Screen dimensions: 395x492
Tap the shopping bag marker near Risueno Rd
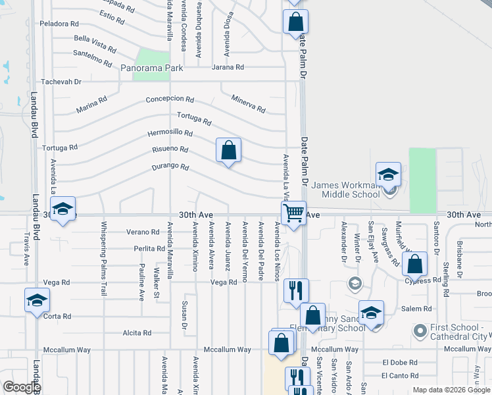(x=228, y=151)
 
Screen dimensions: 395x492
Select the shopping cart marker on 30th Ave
(x=293, y=213)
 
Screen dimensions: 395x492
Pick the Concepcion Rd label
(x=170, y=99)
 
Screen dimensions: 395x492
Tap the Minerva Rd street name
(x=248, y=103)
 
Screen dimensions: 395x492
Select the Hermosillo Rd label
(x=170, y=132)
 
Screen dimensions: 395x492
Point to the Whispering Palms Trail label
(x=104, y=253)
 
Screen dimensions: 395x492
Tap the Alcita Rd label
(x=137, y=333)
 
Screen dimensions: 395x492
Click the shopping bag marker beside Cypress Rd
(x=414, y=265)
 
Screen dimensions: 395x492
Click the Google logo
(x=21, y=387)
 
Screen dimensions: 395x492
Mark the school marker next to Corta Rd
(x=37, y=301)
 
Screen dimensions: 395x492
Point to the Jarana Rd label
(x=228, y=67)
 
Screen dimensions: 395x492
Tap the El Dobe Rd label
(x=399, y=362)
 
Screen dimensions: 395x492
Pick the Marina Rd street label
(x=91, y=105)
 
